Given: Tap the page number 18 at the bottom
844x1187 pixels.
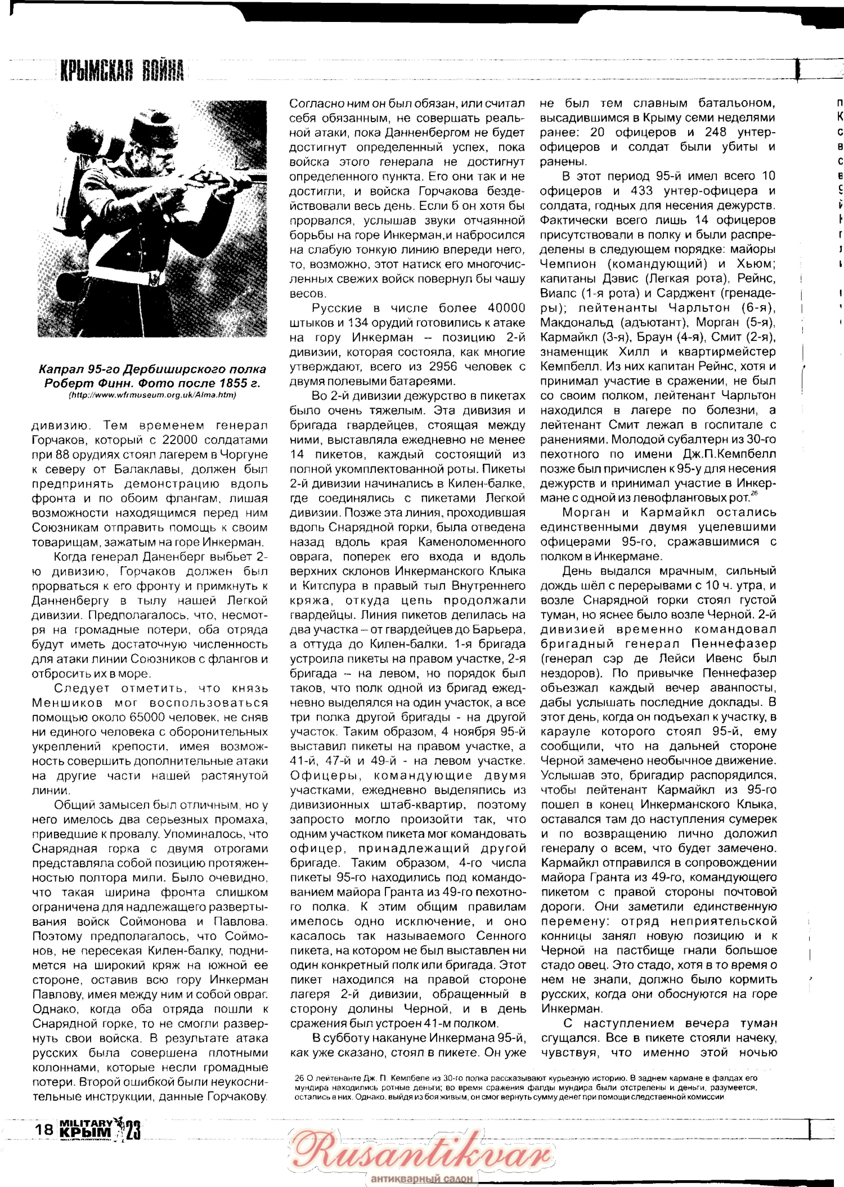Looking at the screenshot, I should pos(44,1130).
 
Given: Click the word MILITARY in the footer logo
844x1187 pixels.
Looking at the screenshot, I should pos(85,1123).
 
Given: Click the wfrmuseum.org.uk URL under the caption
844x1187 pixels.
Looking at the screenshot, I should pos(152,395).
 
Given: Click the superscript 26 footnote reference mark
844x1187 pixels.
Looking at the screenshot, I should pos(755,494).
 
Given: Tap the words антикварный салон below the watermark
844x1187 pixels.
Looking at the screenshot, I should pos(421,1178).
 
